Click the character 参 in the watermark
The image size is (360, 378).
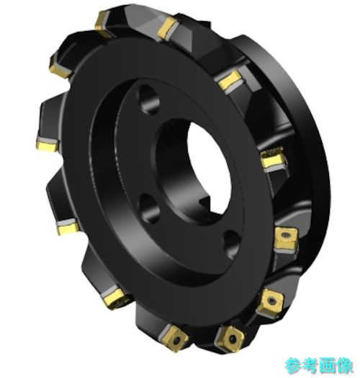tap(292, 365)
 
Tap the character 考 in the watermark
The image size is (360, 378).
tap(310, 365)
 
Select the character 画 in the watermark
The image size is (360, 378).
tap(327, 365)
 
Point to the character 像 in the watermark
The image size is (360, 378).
tap(344, 365)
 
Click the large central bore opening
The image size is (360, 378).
tap(210, 169)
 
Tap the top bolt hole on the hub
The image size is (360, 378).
tap(149, 99)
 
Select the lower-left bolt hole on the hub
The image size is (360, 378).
tap(150, 209)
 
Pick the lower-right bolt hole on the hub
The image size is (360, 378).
tap(232, 245)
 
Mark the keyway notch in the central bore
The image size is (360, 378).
tap(205, 204)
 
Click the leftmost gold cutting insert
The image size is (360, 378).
tap(48, 145)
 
